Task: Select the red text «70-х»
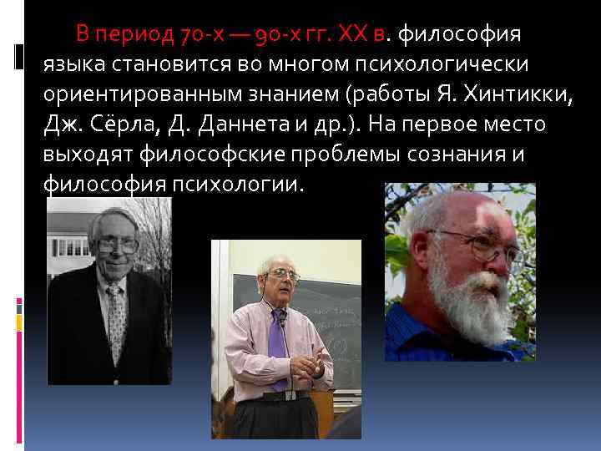tap(200, 35)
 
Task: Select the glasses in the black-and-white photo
tap(117, 246)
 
